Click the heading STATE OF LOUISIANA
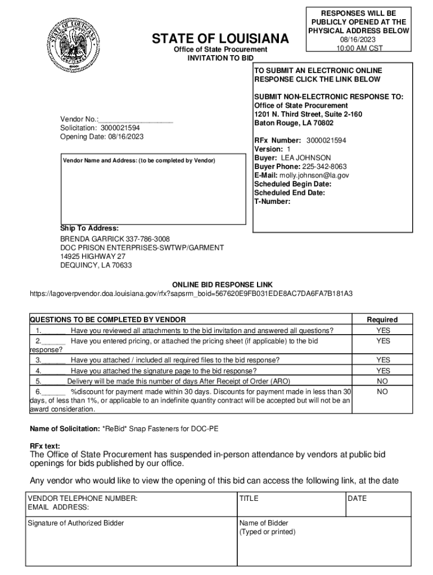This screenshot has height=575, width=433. pos(220,39)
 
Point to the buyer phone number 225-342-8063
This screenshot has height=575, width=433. pos(324,167)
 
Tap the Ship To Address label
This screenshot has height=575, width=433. pos(89,228)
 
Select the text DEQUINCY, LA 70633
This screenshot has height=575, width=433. pos(96,265)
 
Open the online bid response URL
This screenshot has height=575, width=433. pos(191,294)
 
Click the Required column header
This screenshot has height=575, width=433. pos(382,320)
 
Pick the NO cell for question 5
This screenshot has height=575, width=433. pos(382,381)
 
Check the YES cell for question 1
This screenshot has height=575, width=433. pos(383,330)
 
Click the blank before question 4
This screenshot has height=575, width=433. pos(55,371)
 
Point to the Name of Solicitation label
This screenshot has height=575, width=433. pos(65,429)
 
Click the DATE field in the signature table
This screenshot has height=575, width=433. pos(357,498)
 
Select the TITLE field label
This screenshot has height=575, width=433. pos(249,498)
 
